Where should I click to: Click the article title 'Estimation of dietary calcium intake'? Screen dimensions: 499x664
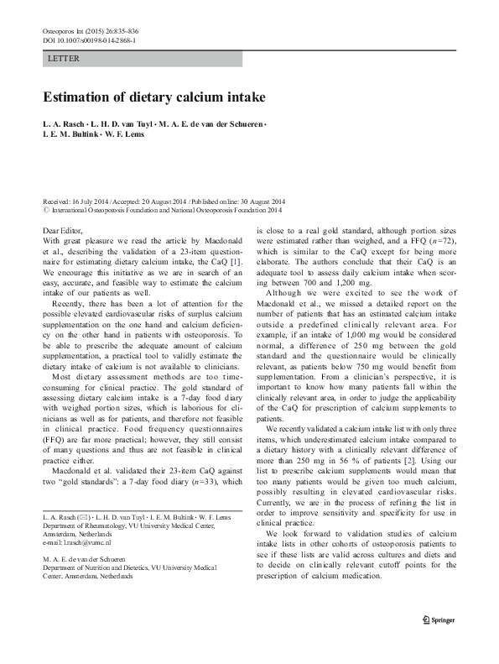point(155,97)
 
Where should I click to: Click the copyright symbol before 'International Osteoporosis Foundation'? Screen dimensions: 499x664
point(45,211)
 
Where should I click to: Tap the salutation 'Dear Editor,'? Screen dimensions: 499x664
point(63,230)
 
